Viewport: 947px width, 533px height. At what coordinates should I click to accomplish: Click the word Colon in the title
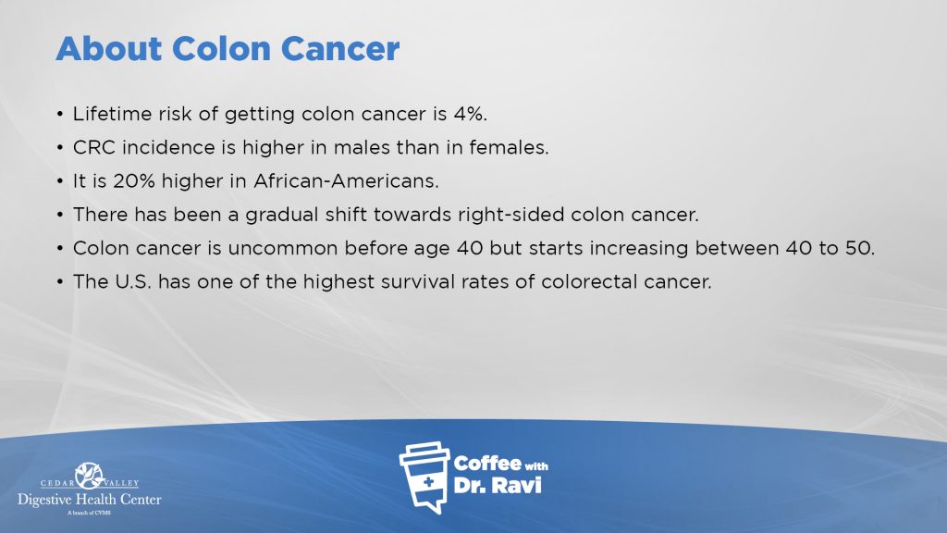point(220,48)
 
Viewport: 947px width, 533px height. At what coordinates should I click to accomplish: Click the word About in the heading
point(109,48)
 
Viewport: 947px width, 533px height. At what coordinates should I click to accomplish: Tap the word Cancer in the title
point(340,48)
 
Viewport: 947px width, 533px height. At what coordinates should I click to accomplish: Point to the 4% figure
point(470,114)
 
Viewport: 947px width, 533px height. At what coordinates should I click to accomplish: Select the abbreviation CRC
point(94,147)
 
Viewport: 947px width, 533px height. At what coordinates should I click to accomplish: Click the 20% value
point(133,180)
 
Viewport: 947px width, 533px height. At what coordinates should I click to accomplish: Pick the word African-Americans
point(346,180)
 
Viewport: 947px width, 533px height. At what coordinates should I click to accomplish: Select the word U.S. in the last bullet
point(131,281)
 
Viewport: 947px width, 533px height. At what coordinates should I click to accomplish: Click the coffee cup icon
point(425,477)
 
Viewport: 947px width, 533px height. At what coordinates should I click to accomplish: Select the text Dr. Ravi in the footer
point(498,485)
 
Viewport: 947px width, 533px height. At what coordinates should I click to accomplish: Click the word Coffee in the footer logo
point(487,464)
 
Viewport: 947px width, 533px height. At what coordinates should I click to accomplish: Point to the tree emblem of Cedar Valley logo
point(90,475)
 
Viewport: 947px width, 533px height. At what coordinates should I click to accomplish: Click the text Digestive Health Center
point(90,500)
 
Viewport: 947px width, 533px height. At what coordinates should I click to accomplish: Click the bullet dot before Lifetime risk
point(60,114)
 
